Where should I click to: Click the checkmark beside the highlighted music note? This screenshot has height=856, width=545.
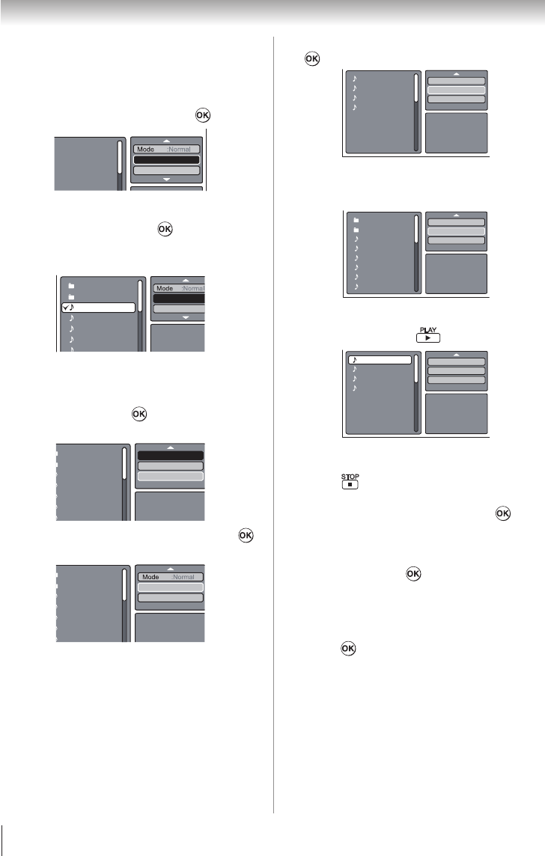click(x=66, y=308)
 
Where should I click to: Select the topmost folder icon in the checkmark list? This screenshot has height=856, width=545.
click(x=72, y=286)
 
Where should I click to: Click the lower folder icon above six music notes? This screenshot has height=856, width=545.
click(x=356, y=230)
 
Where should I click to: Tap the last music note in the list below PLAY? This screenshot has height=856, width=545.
click(x=355, y=388)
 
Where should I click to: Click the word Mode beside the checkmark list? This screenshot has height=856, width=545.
click(x=165, y=288)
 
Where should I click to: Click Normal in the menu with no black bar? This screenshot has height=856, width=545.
click(x=183, y=577)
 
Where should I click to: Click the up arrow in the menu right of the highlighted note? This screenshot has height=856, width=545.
click(x=457, y=355)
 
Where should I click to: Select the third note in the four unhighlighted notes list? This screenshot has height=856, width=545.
click(x=355, y=97)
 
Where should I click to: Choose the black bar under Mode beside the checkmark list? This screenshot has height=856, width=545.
click(x=178, y=299)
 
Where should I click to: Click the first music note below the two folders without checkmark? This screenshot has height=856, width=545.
click(x=356, y=239)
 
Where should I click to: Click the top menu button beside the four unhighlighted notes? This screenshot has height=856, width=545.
click(x=457, y=80)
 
